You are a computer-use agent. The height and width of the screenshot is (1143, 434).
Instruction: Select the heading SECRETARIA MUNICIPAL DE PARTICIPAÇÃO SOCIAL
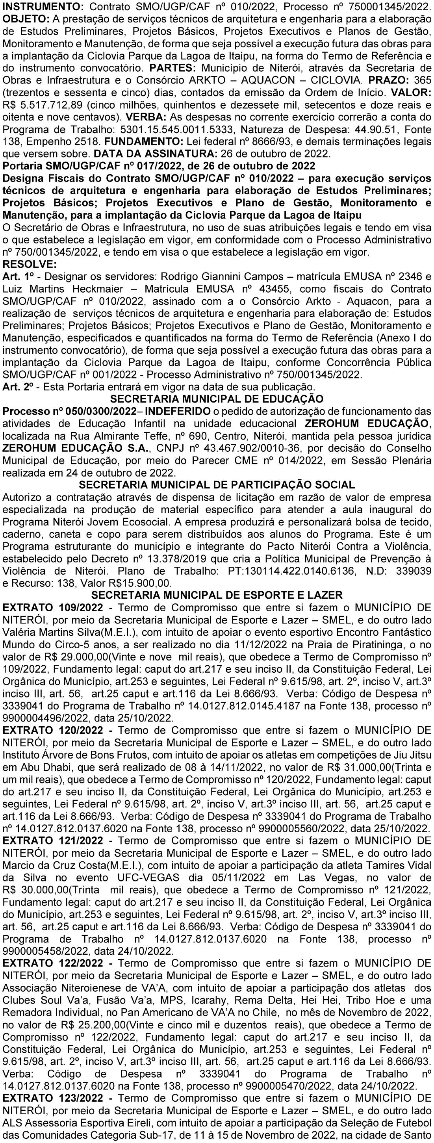[x=217, y=484]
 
